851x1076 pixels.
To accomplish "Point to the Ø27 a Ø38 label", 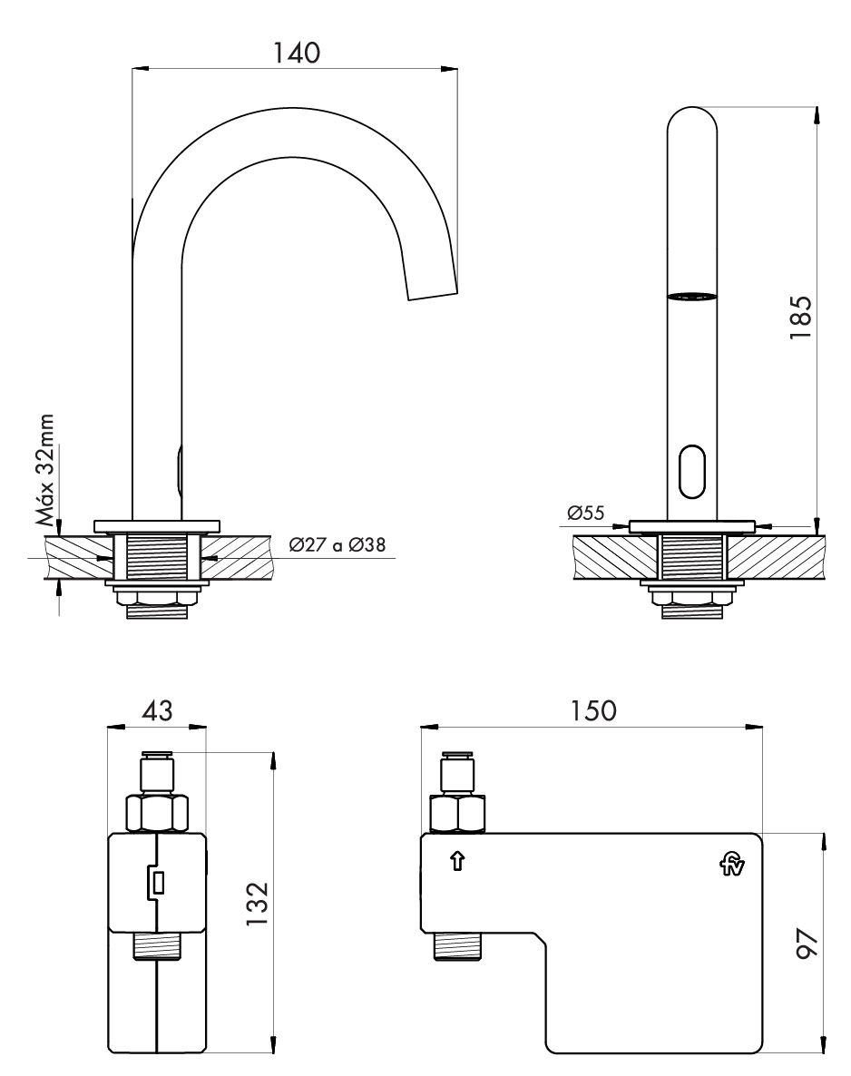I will (337, 546).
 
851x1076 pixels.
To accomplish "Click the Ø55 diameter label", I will (587, 514).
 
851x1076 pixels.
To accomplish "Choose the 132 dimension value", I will (259, 903).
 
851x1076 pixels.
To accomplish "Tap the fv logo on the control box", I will (731, 866).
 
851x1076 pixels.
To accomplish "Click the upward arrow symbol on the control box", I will (457, 860).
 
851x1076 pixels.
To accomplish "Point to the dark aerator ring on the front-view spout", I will (691, 296).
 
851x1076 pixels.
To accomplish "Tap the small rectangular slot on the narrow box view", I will (158, 880).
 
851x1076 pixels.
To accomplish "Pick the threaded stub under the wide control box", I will (458, 948).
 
